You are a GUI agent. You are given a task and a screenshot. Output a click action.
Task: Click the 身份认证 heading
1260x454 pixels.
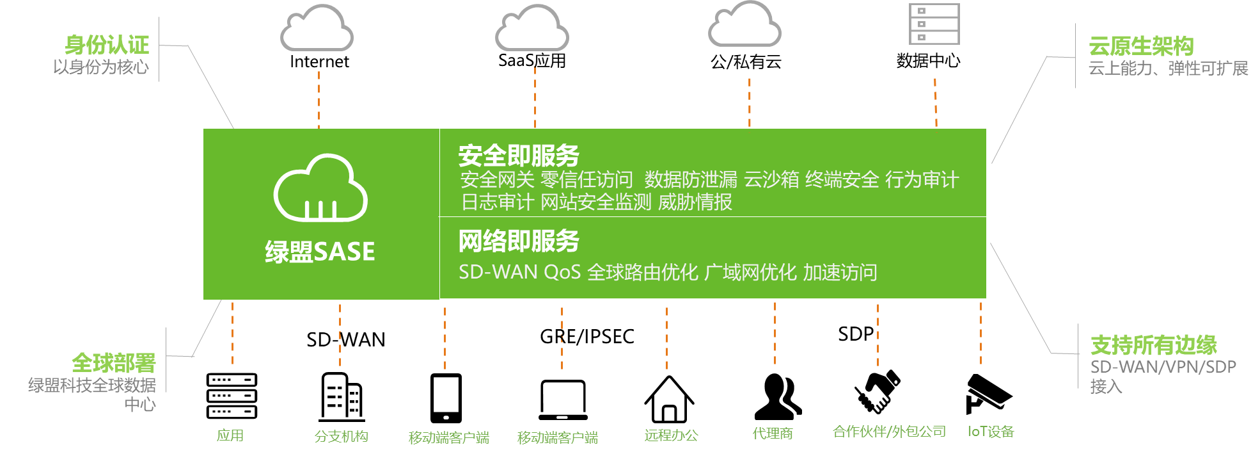107,45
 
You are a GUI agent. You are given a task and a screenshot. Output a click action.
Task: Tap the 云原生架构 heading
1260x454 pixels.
1141,46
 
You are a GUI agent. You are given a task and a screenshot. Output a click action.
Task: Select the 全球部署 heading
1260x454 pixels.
114,363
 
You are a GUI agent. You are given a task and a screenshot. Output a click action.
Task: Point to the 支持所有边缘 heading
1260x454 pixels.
1153,345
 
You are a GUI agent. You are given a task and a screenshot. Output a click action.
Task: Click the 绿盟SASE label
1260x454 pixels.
320,252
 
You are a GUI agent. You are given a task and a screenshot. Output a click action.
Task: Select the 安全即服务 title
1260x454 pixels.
518,156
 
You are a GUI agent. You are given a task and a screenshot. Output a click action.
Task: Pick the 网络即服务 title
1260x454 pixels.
518,241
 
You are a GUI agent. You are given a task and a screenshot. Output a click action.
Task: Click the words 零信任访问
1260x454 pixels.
587,180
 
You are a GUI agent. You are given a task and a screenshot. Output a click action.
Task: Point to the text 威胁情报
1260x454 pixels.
695,202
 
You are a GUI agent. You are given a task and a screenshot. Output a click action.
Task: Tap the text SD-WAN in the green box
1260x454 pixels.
498,272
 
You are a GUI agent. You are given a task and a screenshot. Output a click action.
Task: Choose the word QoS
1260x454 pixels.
562,272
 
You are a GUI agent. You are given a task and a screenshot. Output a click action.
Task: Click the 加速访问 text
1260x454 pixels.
840,272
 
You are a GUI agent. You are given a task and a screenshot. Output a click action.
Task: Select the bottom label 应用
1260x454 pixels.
230,435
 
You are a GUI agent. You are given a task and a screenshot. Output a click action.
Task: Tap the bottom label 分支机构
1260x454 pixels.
342,436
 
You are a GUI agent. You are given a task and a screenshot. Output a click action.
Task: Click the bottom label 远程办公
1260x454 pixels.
671,435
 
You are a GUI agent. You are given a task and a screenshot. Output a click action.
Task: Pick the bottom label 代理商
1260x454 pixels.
773,434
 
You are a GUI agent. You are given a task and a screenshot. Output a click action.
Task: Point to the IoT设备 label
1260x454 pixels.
991,432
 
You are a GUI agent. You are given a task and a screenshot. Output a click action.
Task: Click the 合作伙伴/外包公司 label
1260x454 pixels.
889,432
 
